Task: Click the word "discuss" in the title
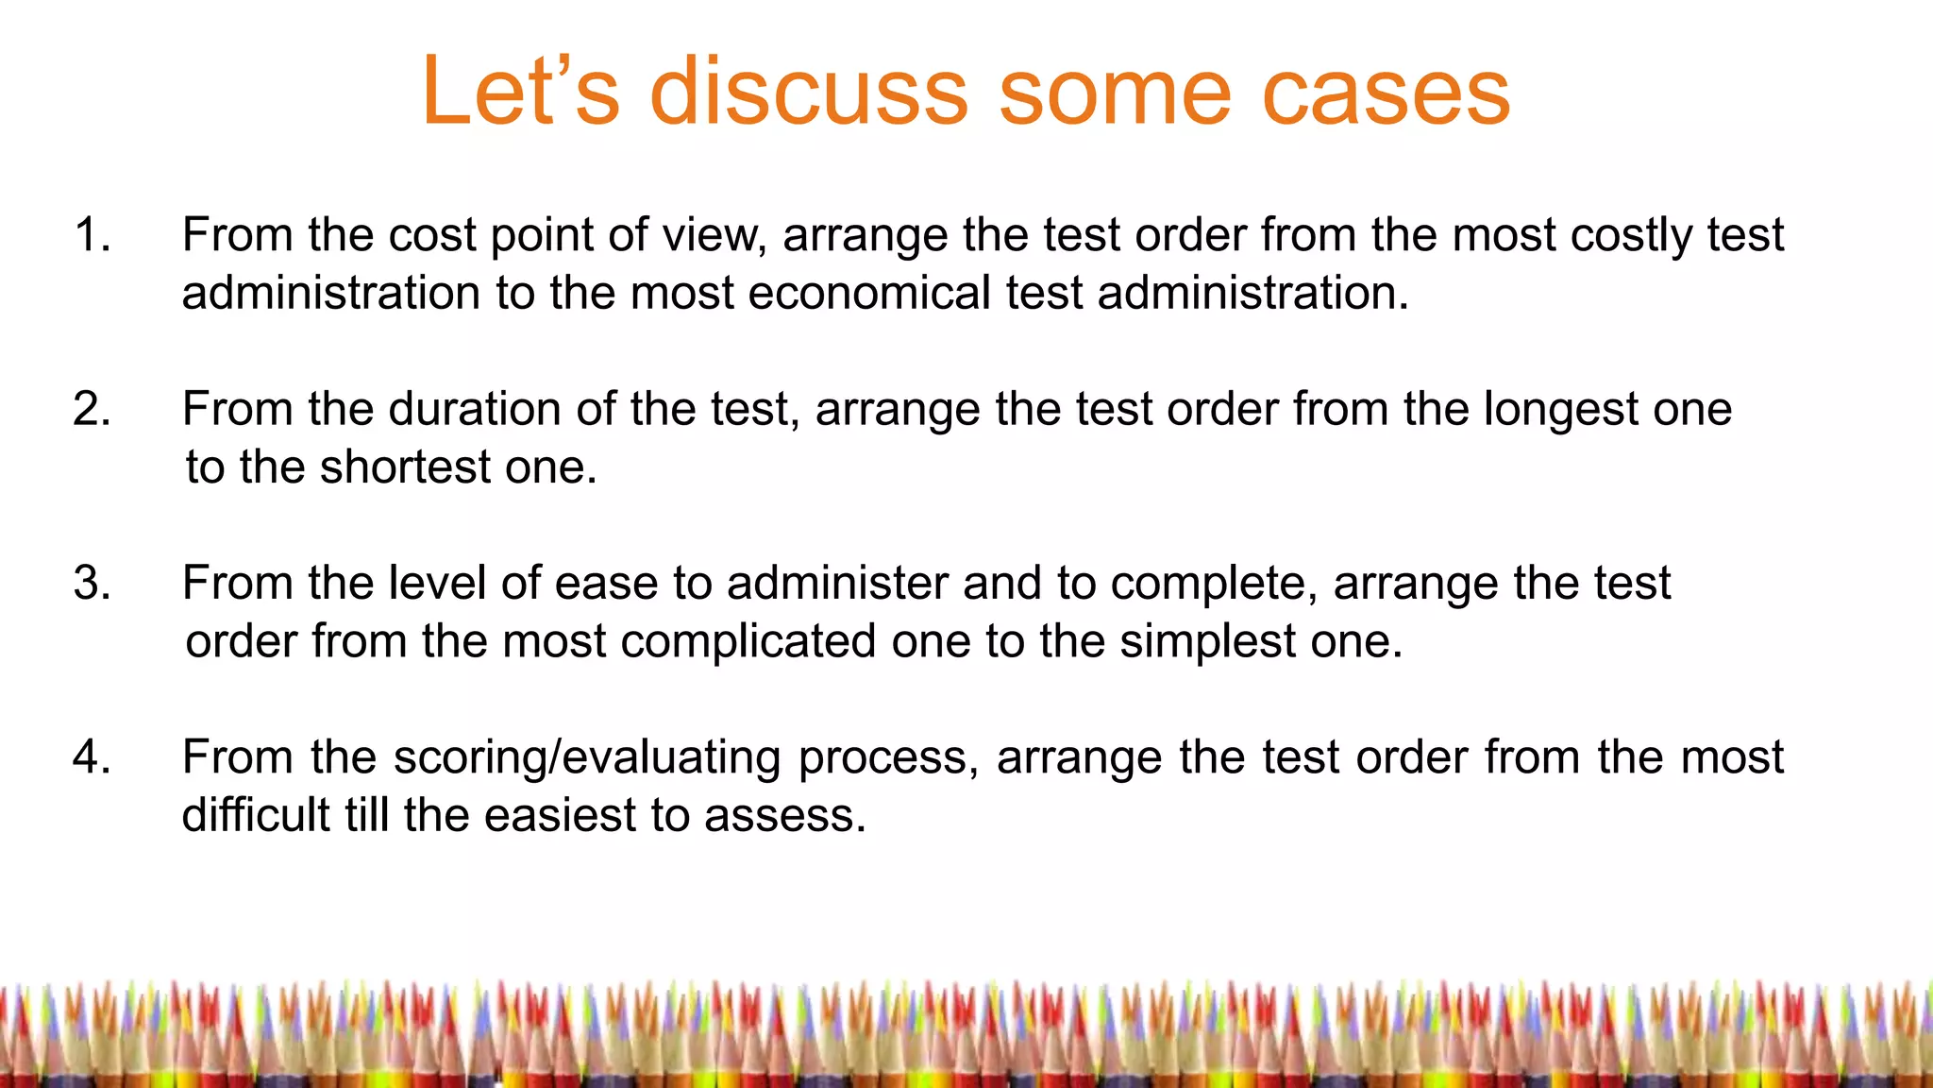[x=809, y=92]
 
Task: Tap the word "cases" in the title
[x=1386, y=92]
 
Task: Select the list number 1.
[x=92, y=234]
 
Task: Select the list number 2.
[x=92, y=409]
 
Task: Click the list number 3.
[x=92, y=583]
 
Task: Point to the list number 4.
[x=92, y=756]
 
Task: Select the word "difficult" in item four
[x=256, y=815]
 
